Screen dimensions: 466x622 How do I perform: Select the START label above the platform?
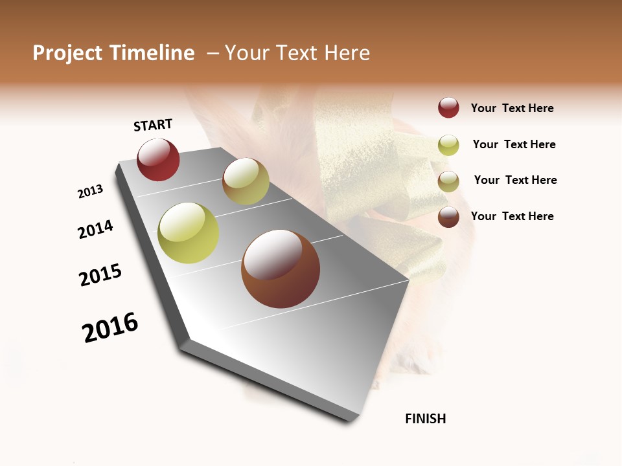click(x=153, y=125)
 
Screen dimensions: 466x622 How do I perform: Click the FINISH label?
click(x=425, y=419)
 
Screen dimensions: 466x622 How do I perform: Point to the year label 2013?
click(x=90, y=192)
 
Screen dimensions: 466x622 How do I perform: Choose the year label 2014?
click(x=95, y=229)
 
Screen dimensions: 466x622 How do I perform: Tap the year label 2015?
click(x=100, y=275)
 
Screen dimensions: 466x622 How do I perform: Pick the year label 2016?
click(x=110, y=327)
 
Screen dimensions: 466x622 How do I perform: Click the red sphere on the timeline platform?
click(x=158, y=160)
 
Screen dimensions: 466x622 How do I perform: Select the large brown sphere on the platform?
click(x=281, y=269)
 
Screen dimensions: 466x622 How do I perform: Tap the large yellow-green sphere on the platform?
click(x=189, y=233)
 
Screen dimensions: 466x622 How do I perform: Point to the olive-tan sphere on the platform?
click(x=246, y=181)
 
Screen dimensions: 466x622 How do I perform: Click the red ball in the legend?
click(x=448, y=107)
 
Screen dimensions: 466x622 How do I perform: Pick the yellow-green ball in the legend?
click(x=448, y=145)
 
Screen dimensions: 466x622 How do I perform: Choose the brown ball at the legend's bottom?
click(x=448, y=217)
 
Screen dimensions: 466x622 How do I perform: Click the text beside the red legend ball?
click(x=512, y=108)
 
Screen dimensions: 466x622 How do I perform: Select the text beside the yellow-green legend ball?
click(x=514, y=144)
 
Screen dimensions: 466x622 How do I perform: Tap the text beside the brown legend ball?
click(x=512, y=216)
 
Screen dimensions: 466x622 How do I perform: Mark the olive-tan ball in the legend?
click(x=448, y=181)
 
